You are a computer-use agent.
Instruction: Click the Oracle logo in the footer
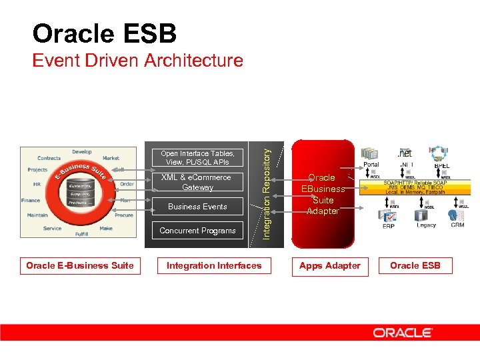[403, 332]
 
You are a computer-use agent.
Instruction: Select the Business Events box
[197, 207]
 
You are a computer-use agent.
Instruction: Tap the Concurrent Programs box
[197, 231]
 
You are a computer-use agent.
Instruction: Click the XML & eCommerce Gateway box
[197, 182]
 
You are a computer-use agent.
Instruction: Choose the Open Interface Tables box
[197, 157]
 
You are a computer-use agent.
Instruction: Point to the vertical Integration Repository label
[266, 194]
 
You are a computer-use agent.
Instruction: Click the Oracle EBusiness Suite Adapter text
[323, 194]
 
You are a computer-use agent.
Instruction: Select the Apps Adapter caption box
[329, 266]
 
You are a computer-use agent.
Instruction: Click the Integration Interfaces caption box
[214, 266]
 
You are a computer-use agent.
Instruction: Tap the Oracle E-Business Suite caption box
[80, 266]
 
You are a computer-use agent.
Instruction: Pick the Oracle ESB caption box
[415, 266]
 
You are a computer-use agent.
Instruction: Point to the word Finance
[30, 200]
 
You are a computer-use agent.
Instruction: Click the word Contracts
[49, 159]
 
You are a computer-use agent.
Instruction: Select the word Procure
[124, 215]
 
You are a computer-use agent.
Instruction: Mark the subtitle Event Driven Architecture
[138, 61]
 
